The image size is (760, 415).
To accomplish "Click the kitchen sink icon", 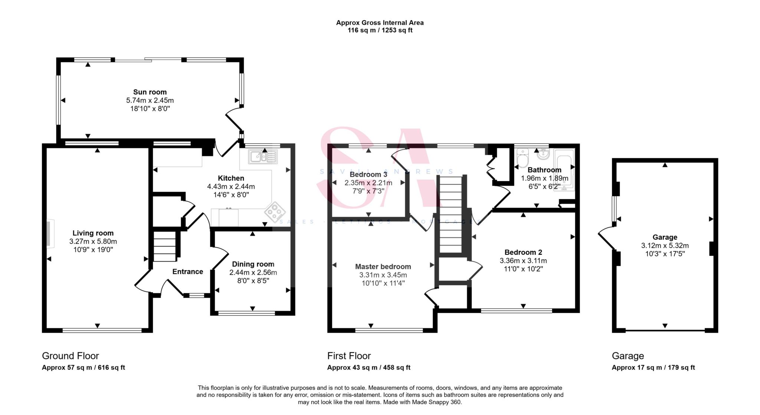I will pos(263,157).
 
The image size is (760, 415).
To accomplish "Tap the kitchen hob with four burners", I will pos(275,212).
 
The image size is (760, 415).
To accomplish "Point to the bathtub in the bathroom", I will pos(564,170).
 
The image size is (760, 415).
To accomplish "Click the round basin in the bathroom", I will pos(543,154).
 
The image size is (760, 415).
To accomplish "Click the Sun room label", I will pos(150,92).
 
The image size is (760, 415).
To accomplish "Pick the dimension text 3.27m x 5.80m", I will pos(93,241).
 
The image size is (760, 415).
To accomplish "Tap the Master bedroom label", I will pos(383,267).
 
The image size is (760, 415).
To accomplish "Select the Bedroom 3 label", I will pos(368,174).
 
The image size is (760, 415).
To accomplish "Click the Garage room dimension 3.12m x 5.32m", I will pos(665,246).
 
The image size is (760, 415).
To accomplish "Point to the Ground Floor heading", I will pos(71,356).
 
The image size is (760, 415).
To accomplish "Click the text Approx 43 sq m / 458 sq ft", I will pos(368,368).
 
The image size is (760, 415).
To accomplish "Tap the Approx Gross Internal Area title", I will pos(380,23).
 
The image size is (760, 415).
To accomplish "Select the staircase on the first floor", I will pos(451,215).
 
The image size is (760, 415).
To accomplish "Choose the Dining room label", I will pos(253,264).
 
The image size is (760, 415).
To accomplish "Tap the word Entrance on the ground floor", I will pos(187,272).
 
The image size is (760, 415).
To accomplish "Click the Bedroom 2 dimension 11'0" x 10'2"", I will pos(523,269).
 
